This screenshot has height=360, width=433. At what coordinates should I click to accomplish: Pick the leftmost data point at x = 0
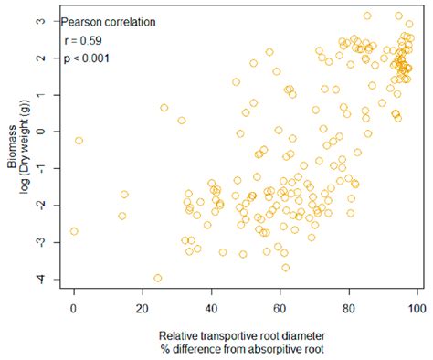(74, 231)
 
